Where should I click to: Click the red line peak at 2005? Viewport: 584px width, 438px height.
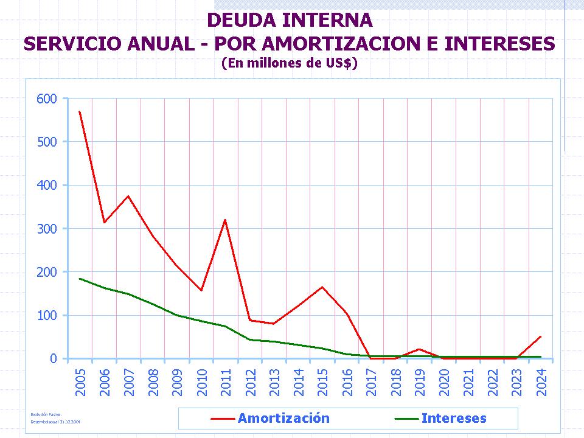(80, 112)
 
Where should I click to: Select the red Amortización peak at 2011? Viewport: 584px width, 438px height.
(225, 220)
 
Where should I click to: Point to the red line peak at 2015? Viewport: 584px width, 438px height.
(322, 287)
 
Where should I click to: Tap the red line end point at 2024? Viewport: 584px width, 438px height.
(540, 336)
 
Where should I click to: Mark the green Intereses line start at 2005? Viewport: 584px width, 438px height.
(80, 279)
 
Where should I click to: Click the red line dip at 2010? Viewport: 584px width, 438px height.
(201, 290)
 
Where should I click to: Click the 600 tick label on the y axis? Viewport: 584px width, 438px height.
(47, 99)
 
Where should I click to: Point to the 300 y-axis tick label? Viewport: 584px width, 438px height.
(47, 229)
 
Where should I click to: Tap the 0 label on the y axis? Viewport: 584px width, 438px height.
(53, 359)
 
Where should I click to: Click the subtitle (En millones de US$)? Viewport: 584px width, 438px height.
(289, 63)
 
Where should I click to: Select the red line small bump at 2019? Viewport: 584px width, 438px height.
(419, 349)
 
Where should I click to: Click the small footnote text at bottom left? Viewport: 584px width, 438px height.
(55, 417)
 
